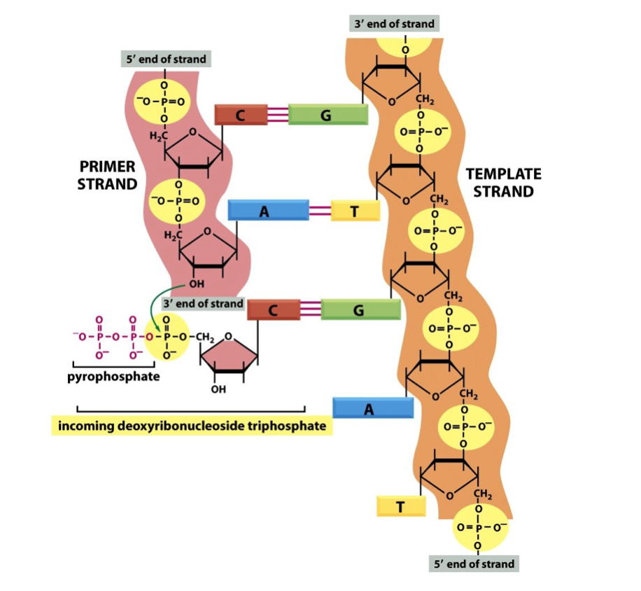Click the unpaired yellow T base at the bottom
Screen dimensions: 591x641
click(400, 506)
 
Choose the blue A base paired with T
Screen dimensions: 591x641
click(268, 210)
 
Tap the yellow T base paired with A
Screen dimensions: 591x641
click(355, 211)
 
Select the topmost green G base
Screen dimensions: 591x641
click(327, 114)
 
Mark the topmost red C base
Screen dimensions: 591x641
click(240, 115)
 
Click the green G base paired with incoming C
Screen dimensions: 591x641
click(360, 310)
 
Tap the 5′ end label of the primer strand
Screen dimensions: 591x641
click(166, 59)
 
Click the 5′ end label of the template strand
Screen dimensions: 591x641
click(474, 564)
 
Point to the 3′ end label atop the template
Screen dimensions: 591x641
click(394, 24)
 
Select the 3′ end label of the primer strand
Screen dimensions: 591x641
click(203, 304)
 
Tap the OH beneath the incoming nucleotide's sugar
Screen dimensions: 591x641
click(218, 389)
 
